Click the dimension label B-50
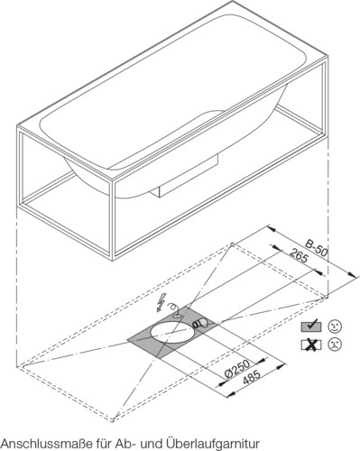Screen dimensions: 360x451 coord(316,248)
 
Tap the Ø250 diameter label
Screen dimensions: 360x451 coord(237,369)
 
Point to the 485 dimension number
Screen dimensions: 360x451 coord(251,377)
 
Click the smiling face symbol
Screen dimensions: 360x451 coord(335,327)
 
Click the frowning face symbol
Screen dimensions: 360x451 coord(335,344)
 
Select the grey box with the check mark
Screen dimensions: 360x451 coord(311,327)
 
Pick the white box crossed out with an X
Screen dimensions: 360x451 coord(311,345)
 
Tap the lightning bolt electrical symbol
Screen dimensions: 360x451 coord(160,302)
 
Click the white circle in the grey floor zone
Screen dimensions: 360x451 coord(172,333)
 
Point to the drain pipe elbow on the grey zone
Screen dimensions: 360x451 coord(200,323)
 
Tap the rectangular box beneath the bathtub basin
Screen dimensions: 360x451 coord(188,177)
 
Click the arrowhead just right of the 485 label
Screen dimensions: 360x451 coord(281,365)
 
